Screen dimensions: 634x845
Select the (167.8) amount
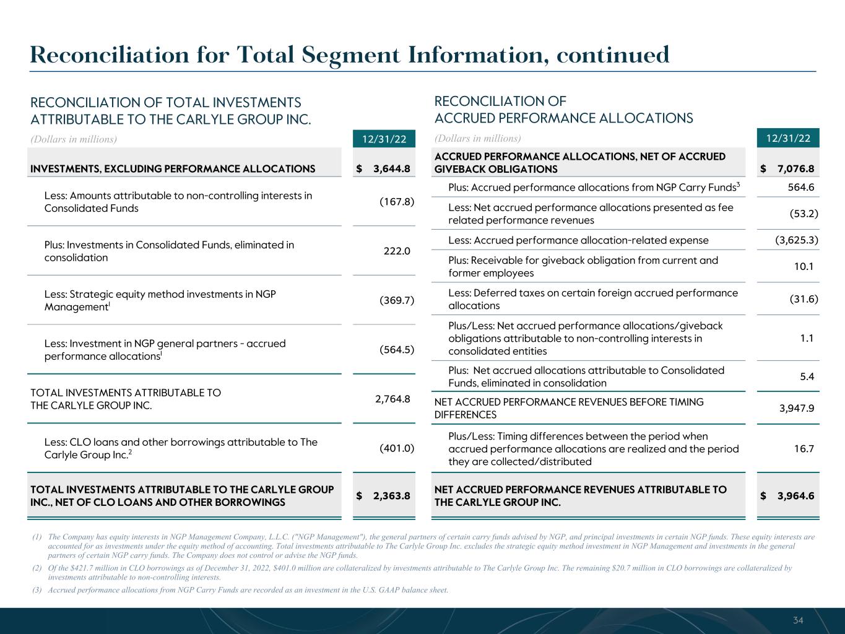[396, 202]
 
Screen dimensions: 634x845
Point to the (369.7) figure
[396, 300]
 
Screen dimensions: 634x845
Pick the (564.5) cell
[396, 350]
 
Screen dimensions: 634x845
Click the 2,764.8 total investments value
[392, 399]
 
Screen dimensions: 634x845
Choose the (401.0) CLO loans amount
[396, 448]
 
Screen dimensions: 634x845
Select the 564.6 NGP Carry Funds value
[802, 187]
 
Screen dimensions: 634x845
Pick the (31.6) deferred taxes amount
[804, 299]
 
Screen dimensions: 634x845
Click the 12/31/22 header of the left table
[384, 139]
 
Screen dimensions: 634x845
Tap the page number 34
[799, 620]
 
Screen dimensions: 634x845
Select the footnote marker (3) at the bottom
[37, 590]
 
